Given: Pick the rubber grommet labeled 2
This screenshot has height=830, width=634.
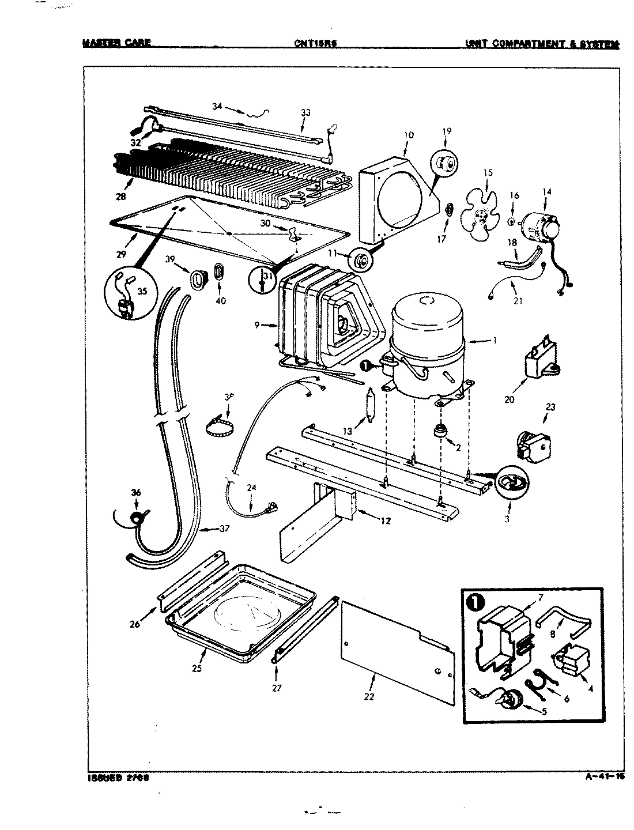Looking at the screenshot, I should pos(441,431).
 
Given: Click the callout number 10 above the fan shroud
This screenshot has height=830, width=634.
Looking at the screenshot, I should pos(409,135).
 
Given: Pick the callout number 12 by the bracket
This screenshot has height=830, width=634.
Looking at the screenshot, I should pos(385,521).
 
